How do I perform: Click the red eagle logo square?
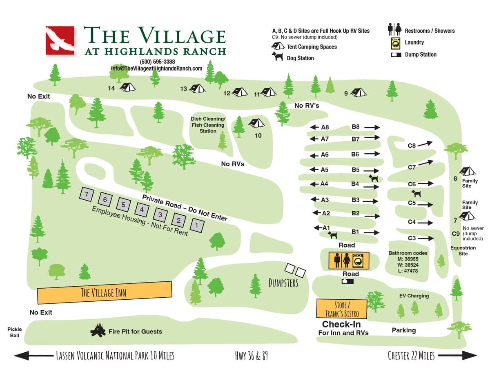click(60, 40)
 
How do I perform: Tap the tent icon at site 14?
click(127, 87)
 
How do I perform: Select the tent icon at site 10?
click(256, 123)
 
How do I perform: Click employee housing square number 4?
click(142, 210)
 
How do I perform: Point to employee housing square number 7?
click(87, 194)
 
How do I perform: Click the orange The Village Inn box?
click(104, 292)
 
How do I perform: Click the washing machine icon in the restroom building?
click(358, 261)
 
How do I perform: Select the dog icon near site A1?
click(333, 235)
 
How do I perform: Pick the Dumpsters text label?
click(283, 283)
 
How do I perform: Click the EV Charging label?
click(414, 296)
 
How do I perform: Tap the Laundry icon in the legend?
click(395, 43)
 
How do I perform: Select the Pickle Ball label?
click(15, 332)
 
